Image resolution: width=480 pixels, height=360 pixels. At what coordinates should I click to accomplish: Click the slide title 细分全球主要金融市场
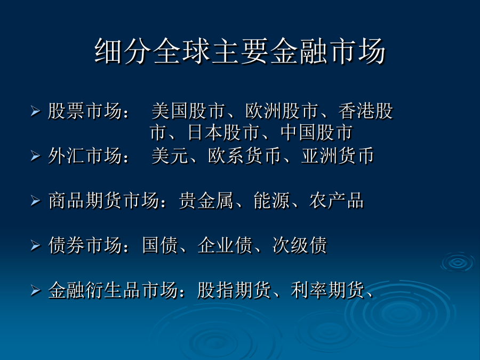(239, 51)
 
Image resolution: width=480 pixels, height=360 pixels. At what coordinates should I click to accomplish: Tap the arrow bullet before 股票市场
(36, 111)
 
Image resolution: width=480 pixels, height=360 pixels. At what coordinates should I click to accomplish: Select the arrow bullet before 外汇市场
(36, 156)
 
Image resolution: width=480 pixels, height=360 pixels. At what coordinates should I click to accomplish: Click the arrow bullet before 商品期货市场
(36, 201)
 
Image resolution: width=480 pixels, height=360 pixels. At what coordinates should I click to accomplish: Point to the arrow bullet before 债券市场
(36, 245)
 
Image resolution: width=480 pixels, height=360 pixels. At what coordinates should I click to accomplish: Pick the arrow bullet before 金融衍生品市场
(36, 291)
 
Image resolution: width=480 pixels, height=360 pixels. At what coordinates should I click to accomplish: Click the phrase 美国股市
(189, 111)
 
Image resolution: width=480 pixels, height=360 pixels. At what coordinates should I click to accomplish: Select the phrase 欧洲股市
(282, 111)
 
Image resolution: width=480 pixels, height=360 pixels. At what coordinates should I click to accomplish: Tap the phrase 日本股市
(223, 133)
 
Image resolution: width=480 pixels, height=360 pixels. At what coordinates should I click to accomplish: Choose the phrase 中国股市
(316, 133)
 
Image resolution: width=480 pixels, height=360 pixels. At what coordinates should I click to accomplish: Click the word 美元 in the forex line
(170, 156)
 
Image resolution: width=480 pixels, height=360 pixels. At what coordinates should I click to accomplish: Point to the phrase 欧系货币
(245, 156)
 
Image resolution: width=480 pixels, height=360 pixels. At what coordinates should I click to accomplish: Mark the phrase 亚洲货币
(338, 156)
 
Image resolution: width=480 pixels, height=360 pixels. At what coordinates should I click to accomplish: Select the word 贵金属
(206, 201)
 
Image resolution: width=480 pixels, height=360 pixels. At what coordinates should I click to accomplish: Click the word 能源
(271, 201)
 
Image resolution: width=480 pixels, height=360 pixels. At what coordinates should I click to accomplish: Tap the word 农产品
(337, 201)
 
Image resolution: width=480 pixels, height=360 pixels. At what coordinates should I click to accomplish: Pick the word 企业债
(225, 245)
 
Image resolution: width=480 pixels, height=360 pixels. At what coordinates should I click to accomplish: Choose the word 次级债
(300, 245)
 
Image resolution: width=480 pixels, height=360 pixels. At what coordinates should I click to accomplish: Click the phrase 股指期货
(234, 290)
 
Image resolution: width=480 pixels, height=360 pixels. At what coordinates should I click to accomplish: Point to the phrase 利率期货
(327, 290)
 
